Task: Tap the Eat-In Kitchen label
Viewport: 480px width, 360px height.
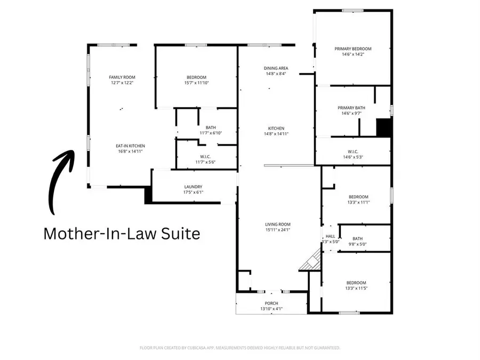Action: [x=131, y=146]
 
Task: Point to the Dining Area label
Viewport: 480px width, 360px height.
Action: [x=276, y=68]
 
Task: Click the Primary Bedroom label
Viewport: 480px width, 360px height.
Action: [x=353, y=49]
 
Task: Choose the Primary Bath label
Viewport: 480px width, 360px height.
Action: [x=353, y=107]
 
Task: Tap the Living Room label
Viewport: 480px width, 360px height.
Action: [x=277, y=225]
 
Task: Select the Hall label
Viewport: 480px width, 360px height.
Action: [x=331, y=236]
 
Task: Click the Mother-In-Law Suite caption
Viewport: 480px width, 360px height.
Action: [x=122, y=234]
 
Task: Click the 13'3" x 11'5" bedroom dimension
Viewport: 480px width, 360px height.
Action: [x=357, y=289]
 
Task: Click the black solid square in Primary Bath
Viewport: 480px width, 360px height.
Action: [x=385, y=128]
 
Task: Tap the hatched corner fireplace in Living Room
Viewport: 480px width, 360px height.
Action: [x=311, y=262]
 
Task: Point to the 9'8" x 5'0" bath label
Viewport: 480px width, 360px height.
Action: [x=357, y=245]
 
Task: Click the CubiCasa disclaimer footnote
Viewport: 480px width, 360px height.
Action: [x=240, y=348]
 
